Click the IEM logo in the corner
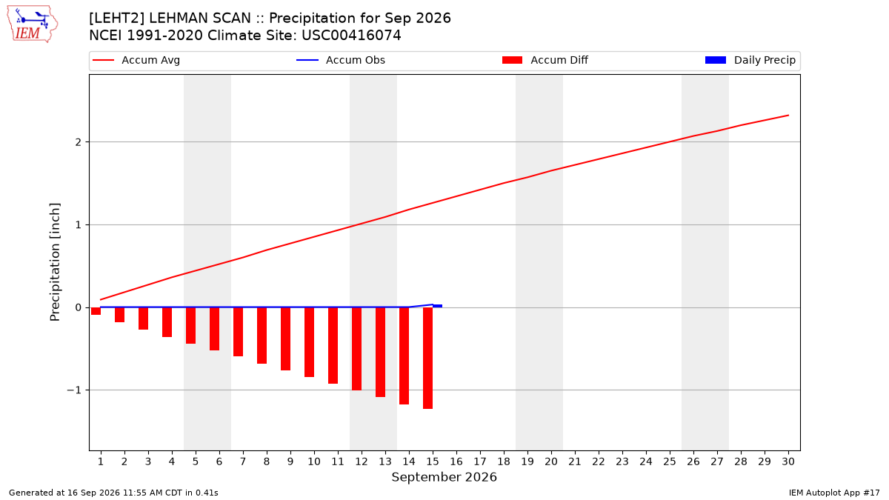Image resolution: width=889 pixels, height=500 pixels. pos(33,24)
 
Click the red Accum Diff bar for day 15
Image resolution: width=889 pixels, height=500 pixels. pos(428,358)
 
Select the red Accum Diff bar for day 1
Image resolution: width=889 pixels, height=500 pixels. pos(96,311)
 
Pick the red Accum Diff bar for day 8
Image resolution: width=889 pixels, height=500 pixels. pos(262,336)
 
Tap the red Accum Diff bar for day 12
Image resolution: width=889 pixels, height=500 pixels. pos(357,349)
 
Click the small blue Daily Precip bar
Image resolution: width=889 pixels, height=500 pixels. pos(437,306)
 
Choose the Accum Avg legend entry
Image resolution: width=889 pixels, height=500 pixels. pos(136,60)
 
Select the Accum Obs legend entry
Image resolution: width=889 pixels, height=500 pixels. pos(341,60)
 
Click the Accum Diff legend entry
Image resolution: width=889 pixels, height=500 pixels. pos(545,60)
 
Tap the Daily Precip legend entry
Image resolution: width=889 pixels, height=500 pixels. pos(750,60)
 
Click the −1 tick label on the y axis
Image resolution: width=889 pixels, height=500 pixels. pos(74,390)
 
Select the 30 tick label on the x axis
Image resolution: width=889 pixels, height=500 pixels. pos(788,461)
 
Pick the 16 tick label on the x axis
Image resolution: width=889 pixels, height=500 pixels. pos(456,461)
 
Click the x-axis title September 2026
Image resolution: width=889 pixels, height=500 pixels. pos(444,477)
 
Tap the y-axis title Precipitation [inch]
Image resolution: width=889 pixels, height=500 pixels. pos(55,262)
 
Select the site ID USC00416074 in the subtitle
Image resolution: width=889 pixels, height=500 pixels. pos(351,36)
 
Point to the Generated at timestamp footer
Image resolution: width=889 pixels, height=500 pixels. pos(113,493)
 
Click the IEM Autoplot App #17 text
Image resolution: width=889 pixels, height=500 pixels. pos(834,493)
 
